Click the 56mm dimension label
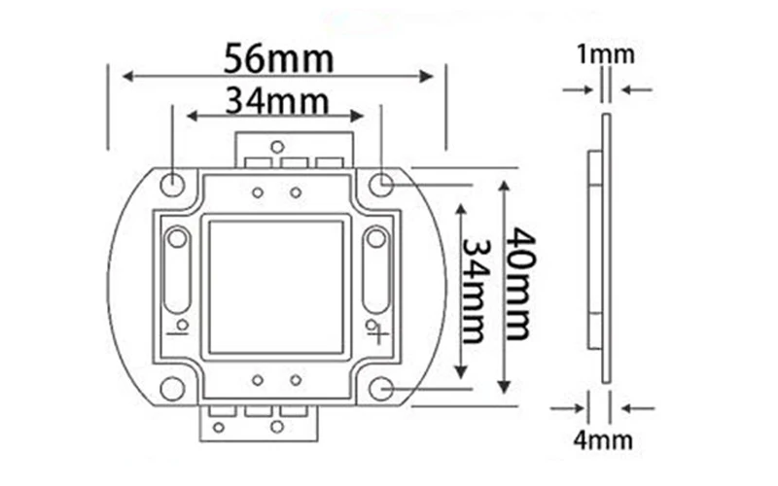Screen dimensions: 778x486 (278, 58)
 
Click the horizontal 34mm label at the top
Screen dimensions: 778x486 (277, 101)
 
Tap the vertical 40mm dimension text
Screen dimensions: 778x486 (520, 284)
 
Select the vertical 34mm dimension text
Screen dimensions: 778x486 (477, 292)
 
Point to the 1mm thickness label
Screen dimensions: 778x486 (605, 54)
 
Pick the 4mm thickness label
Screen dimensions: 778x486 (603, 440)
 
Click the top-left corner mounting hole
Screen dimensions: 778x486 (173, 185)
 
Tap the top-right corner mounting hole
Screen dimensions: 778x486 (381, 185)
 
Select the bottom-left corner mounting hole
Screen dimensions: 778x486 (173, 389)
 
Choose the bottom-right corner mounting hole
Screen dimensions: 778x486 (381, 389)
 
